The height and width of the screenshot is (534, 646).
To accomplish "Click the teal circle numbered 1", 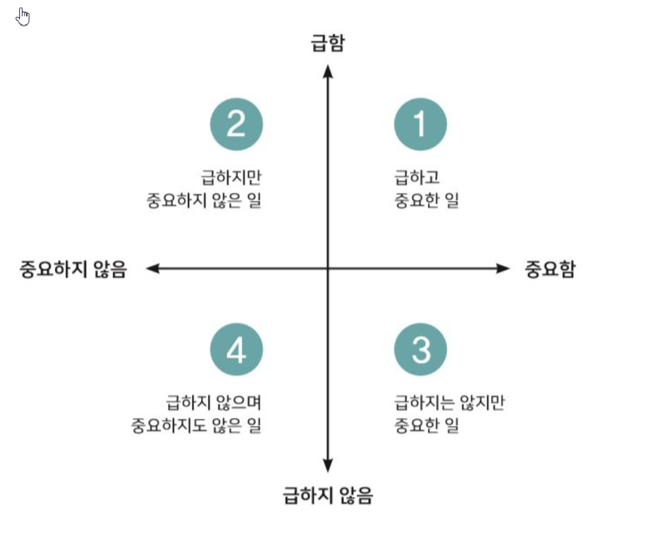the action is tap(420, 124).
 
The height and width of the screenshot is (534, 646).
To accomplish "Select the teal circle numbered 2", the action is tap(236, 124).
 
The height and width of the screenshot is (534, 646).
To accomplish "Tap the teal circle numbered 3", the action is tap(420, 350).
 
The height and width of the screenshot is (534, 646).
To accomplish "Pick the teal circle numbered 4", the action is tap(236, 350).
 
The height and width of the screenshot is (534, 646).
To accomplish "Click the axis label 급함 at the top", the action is tap(328, 44).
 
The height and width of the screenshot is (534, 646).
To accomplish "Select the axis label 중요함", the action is tap(550, 269).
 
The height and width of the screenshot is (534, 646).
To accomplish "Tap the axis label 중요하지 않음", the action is tap(74, 269).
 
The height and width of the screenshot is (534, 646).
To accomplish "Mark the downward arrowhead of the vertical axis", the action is tap(328, 466).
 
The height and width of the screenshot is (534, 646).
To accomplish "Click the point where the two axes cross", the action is tap(328, 269).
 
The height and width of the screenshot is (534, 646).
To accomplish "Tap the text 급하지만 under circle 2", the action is tap(230, 178).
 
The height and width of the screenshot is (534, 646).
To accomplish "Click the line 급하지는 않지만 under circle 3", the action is tap(449, 403).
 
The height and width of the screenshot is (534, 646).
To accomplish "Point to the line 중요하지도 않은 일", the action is tap(196, 426).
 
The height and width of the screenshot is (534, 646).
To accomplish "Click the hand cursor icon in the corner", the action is tap(23, 17).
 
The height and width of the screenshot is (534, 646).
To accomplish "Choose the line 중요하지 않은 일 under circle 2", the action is tap(203, 201).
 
